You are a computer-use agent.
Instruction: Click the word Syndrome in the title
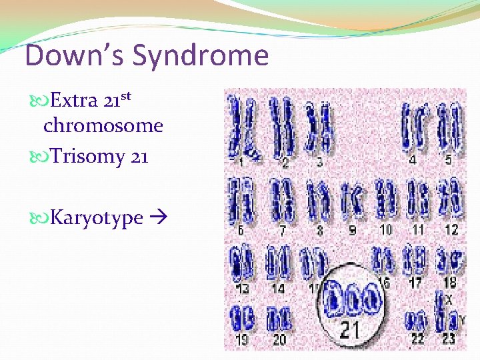tap(201, 56)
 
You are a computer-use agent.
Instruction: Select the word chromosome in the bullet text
tap(103, 125)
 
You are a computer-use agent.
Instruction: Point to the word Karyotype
tap(97, 218)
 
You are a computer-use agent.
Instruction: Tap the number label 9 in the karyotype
tap(352, 230)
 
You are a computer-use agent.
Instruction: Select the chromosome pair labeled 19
tap(241, 319)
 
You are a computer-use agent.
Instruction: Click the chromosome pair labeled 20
tap(279, 319)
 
